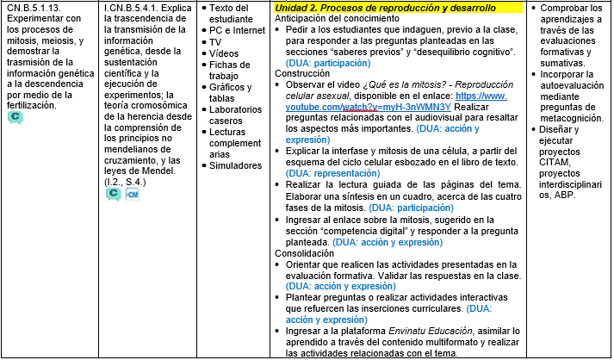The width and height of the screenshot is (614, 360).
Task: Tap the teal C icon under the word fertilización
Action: tap(15, 117)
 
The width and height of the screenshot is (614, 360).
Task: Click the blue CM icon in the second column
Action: tap(132, 195)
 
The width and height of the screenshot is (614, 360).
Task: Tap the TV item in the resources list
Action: tap(215, 41)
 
